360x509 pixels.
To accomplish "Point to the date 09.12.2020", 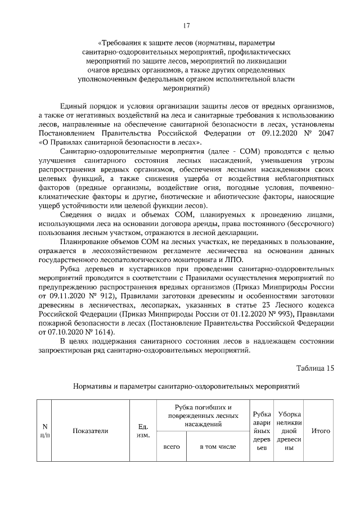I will [263, 133].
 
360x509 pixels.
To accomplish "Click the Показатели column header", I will [91, 431].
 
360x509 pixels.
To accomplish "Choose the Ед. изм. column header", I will [143, 431].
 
